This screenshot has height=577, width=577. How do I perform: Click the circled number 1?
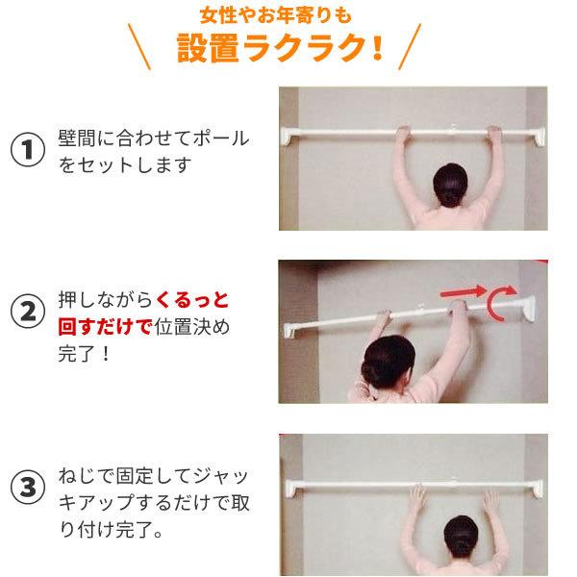click(x=28, y=151)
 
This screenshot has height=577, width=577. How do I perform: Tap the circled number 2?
click(x=28, y=314)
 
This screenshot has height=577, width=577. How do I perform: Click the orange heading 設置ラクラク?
click(x=280, y=48)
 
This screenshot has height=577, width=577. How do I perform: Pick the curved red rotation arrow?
click(x=499, y=304)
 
